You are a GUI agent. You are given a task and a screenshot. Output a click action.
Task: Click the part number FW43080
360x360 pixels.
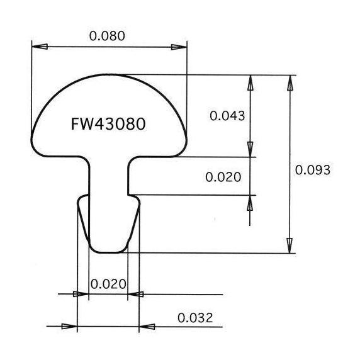pyautogui.click(x=108, y=124)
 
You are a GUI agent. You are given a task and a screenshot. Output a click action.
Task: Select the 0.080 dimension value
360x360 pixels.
pyautogui.click(x=107, y=36)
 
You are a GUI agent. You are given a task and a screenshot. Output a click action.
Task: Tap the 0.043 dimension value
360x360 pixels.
pyautogui.click(x=227, y=116)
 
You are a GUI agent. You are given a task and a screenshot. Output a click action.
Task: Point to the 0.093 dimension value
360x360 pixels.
pyautogui.click(x=312, y=170)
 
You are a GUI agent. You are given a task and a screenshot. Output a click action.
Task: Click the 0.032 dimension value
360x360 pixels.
pyautogui.click(x=195, y=318)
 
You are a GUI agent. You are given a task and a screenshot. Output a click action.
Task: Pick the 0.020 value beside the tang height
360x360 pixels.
pyautogui.click(x=223, y=177)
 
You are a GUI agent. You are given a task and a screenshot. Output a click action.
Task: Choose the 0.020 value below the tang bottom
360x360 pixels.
pyautogui.click(x=108, y=284)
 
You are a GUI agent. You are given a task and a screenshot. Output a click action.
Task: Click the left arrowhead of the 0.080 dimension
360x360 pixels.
pyautogui.click(x=40, y=47)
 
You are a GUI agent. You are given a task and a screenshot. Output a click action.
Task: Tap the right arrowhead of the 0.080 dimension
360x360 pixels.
pyautogui.click(x=179, y=47)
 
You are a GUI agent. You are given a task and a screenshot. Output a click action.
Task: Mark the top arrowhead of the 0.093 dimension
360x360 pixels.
pyautogui.click(x=290, y=83)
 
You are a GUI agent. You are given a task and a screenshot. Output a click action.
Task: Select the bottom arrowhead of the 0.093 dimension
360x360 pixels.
pyautogui.click(x=290, y=245)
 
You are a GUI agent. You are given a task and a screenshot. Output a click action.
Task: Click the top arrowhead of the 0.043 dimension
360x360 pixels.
pyautogui.click(x=250, y=83)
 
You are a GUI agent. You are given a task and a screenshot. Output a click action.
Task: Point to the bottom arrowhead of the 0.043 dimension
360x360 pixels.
pyautogui.click(x=250, y=149)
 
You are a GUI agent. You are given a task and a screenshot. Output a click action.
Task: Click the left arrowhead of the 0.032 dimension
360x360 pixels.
pyautogui.click(x=69, y=326)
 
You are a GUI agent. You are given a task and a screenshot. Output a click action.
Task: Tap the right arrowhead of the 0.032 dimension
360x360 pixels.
pyautogui.click(x=147, y=326)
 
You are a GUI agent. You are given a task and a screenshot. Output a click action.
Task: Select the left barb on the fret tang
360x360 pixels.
pyautogui.click(x=83, y=218)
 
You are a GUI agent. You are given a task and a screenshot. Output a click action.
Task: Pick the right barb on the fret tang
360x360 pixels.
pyautogui.click(x=133, y=218)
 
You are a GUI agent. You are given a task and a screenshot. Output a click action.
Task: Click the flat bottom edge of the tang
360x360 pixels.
pyautogui.click(x=108, y=252)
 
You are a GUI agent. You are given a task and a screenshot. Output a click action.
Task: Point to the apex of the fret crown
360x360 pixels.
pyautogui.click(x=109, y=74)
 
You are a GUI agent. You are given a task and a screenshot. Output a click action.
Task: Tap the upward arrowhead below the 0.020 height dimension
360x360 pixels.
pyautogui.click(x=250, y=203)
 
